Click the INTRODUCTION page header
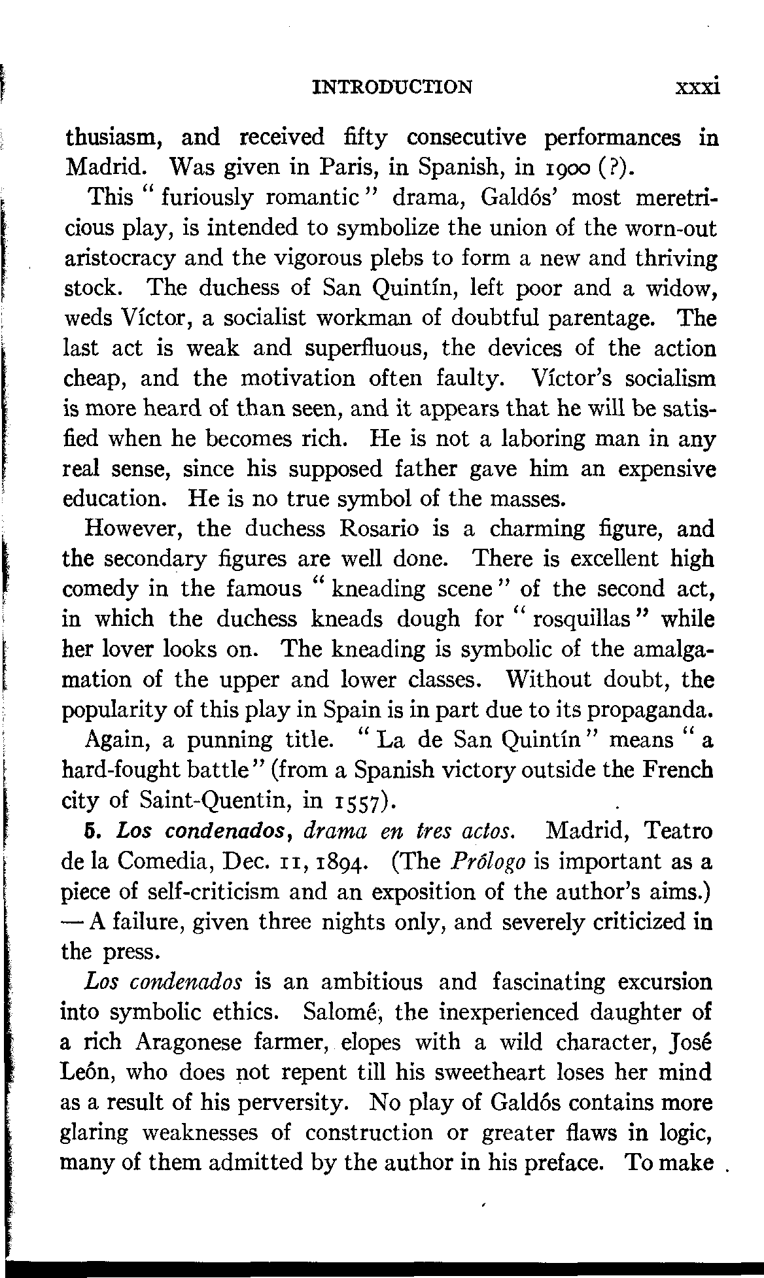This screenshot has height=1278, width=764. pos(392,87)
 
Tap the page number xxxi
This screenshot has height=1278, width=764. pos(698,86)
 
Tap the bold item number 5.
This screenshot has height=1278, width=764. pos(91,831)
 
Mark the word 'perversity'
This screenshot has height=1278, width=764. pos(289,1103)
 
